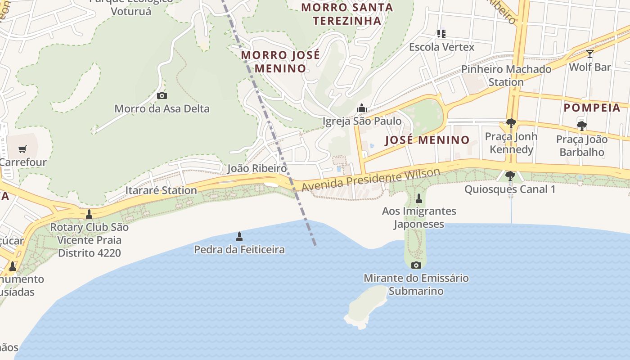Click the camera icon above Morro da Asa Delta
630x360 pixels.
(162, 95)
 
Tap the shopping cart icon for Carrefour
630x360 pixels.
(22, 149)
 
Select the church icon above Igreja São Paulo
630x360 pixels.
(362, 108)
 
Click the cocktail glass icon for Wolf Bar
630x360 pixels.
(589, 54)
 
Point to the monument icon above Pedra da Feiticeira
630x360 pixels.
(239, 237)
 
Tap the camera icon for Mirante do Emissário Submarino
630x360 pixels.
(416, 265)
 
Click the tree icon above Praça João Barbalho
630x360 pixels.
(581, 126)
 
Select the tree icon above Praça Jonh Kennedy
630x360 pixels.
(511, 123)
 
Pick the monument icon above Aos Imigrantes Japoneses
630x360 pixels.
(419, 198)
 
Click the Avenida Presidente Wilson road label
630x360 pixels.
(371, 179)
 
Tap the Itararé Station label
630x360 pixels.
(161, 190)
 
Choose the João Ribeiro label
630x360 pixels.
(257, 168)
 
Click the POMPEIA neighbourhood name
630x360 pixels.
(592, 108)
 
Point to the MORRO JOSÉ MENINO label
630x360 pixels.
(280, 62)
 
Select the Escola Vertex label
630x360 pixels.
(441, 47)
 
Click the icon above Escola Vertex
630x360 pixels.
(441, 33)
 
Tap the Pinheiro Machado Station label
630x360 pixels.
(506, 76)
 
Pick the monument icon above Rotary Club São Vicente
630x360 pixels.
(89, 214)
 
